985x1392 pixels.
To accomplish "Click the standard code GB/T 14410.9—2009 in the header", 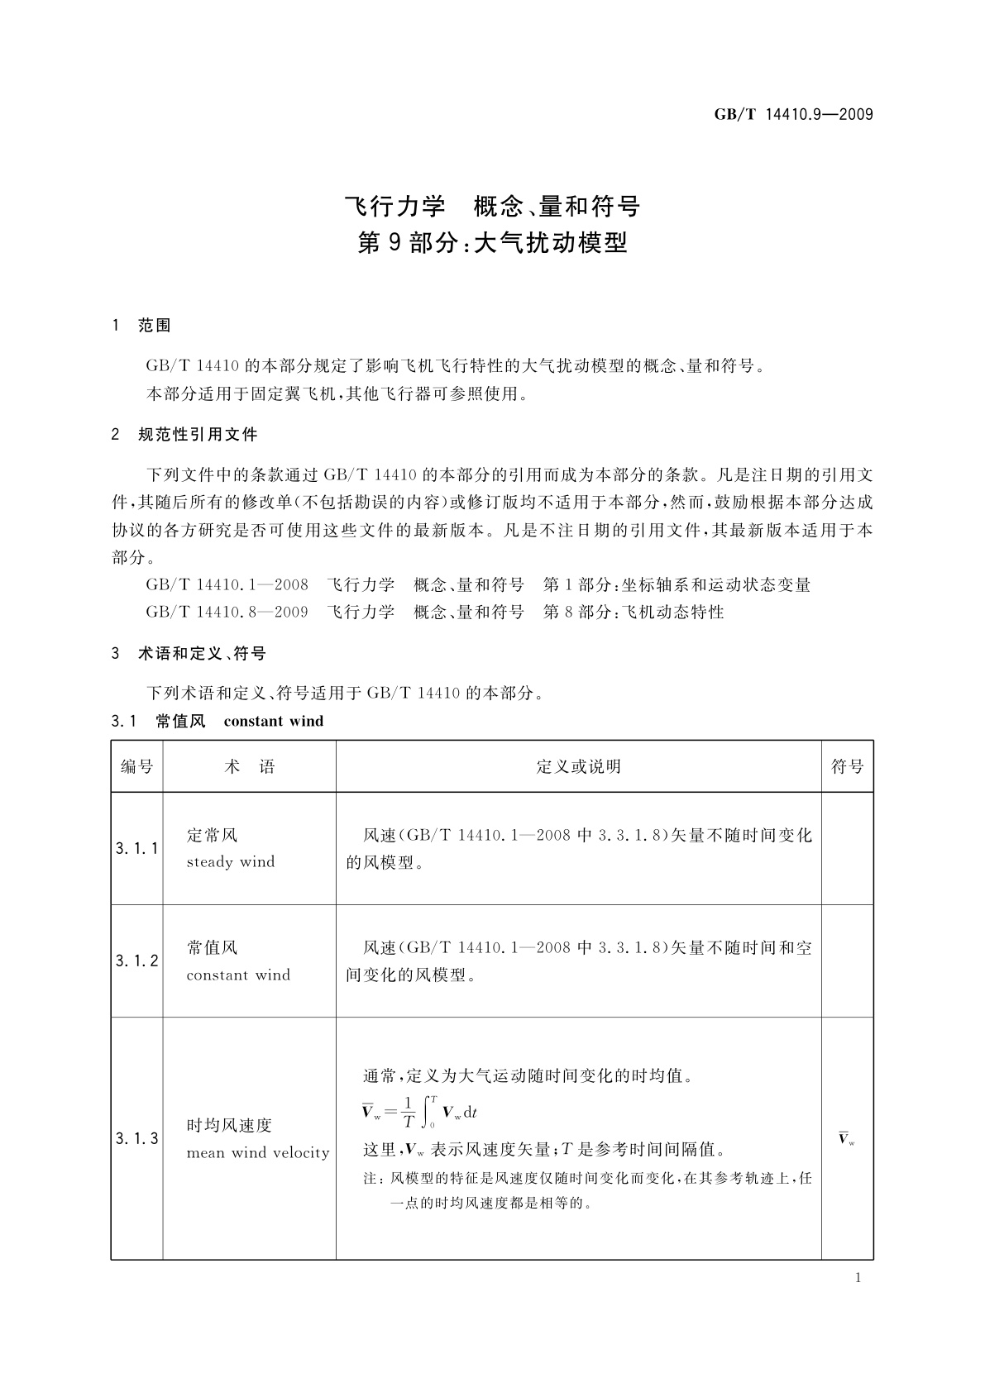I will point(793,114).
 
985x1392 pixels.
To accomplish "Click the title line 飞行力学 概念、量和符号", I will point(492,205).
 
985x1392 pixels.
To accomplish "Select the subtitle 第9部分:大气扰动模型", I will point(492,242).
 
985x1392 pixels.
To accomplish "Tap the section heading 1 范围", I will point(141,326).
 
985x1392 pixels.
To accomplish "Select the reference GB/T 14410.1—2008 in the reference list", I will point(227,585).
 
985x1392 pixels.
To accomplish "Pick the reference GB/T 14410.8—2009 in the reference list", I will point(227,613).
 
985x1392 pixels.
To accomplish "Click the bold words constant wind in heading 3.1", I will point(274,722).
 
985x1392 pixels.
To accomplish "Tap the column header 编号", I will point(137,767).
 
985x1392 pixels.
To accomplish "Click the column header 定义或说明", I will point(578,767).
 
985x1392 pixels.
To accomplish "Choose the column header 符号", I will point(847,767).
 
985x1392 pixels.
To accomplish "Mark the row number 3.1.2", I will point(137,961).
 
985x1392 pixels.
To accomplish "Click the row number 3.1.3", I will point(137,1138).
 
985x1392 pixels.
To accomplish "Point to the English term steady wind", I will point(231,862).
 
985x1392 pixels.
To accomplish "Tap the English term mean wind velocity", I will point(258,1153).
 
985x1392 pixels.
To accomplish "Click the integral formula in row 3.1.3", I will point(420,1112).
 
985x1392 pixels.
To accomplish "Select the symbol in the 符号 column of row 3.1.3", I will point(846,1139).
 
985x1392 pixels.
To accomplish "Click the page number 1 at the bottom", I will point(858,1278).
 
